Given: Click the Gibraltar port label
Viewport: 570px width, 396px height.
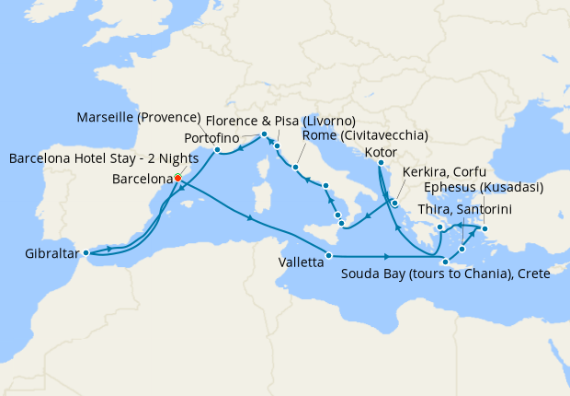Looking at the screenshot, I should pyautogui.click(x=50, y=252).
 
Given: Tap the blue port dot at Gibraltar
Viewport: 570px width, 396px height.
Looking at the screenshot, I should pyautogui.click(x=85, y=252).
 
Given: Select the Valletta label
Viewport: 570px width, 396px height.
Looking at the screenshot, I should pyautogui.click(x=301, y=262).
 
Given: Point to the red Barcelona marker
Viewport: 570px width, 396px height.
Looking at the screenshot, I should pyautogui.click(x=177, y=179).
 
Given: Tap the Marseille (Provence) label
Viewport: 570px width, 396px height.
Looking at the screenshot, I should pyautogui.click(x=141, y=118).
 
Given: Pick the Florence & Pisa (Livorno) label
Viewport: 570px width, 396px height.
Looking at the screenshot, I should pyautogui.click(x=280, y=121).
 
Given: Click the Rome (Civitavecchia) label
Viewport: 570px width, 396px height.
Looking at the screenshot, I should pyautogui.click(x=365, y=135).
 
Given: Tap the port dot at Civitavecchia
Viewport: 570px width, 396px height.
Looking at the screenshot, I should pyautogui.click(x=295, y=168).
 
